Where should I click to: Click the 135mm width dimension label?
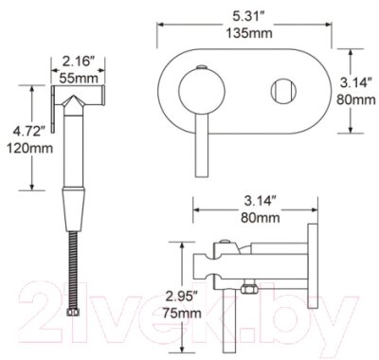pyautogui.click(x=249, y=33)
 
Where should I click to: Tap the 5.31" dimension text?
pyautogui.click(x=248, y=17)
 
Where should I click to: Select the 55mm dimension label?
pyautogui.click(x=80, y=78)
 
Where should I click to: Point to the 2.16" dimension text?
pyautogui.click(x=79, y=62)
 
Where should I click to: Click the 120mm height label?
pyautogui.click(x=29, y=148)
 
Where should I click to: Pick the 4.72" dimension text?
pyautogui.click(x=29, y=131)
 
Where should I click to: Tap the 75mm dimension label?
pyautogui.click(x=182, y=314)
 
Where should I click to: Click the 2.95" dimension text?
pyautogui.click(x=182, y=297)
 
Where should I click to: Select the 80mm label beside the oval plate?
pyautogui.click(x=356, y=100)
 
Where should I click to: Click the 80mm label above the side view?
pyautogui.click(x=261, y=218)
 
